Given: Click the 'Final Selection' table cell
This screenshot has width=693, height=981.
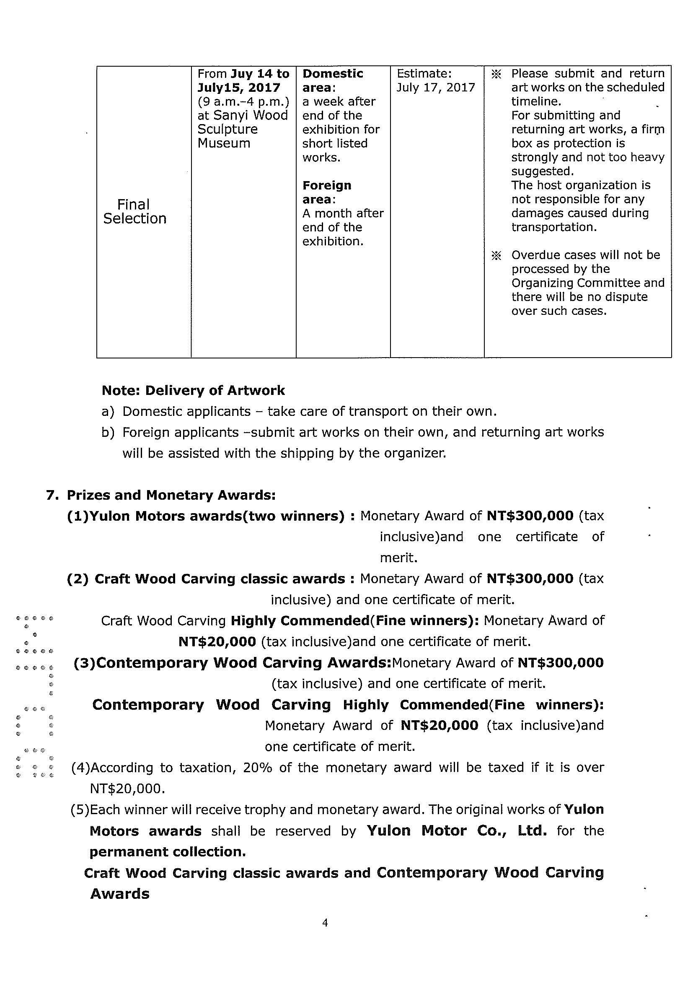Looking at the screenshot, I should click(x=134, y=211).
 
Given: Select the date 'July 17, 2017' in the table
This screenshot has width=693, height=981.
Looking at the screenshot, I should click(x=435, y=88).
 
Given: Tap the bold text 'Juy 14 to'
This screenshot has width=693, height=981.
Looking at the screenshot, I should click(x=260, y=74).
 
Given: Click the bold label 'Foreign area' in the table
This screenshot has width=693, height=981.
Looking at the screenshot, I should click(x=327, y=192).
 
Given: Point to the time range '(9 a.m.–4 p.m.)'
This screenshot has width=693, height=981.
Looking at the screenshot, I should click(x=243, y=102).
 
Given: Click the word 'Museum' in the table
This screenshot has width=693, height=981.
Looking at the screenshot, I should click(x=224, y=143).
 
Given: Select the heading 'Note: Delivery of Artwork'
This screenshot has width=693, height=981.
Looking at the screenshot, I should click(x=193, y=391).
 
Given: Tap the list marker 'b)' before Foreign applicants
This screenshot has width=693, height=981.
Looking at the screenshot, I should click(x=108, y=432).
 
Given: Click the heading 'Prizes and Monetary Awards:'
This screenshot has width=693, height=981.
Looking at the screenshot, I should click(x=171, y=495).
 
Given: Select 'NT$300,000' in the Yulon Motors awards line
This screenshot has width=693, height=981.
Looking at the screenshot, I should click(x=530, y=516).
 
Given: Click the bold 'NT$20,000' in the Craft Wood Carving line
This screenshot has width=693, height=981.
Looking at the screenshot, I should click(x=217, y=642).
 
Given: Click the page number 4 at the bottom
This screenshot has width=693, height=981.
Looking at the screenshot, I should click(x=325, y=923).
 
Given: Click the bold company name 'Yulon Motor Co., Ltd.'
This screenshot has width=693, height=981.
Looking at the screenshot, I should click(x=456, y=831).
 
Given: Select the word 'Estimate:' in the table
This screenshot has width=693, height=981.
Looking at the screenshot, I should click(x=424, y=74).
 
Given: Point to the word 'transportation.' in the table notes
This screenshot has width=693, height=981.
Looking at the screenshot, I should click(x=554, y=227).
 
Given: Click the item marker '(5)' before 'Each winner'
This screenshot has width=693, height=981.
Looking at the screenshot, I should click(x=80, y=810).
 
